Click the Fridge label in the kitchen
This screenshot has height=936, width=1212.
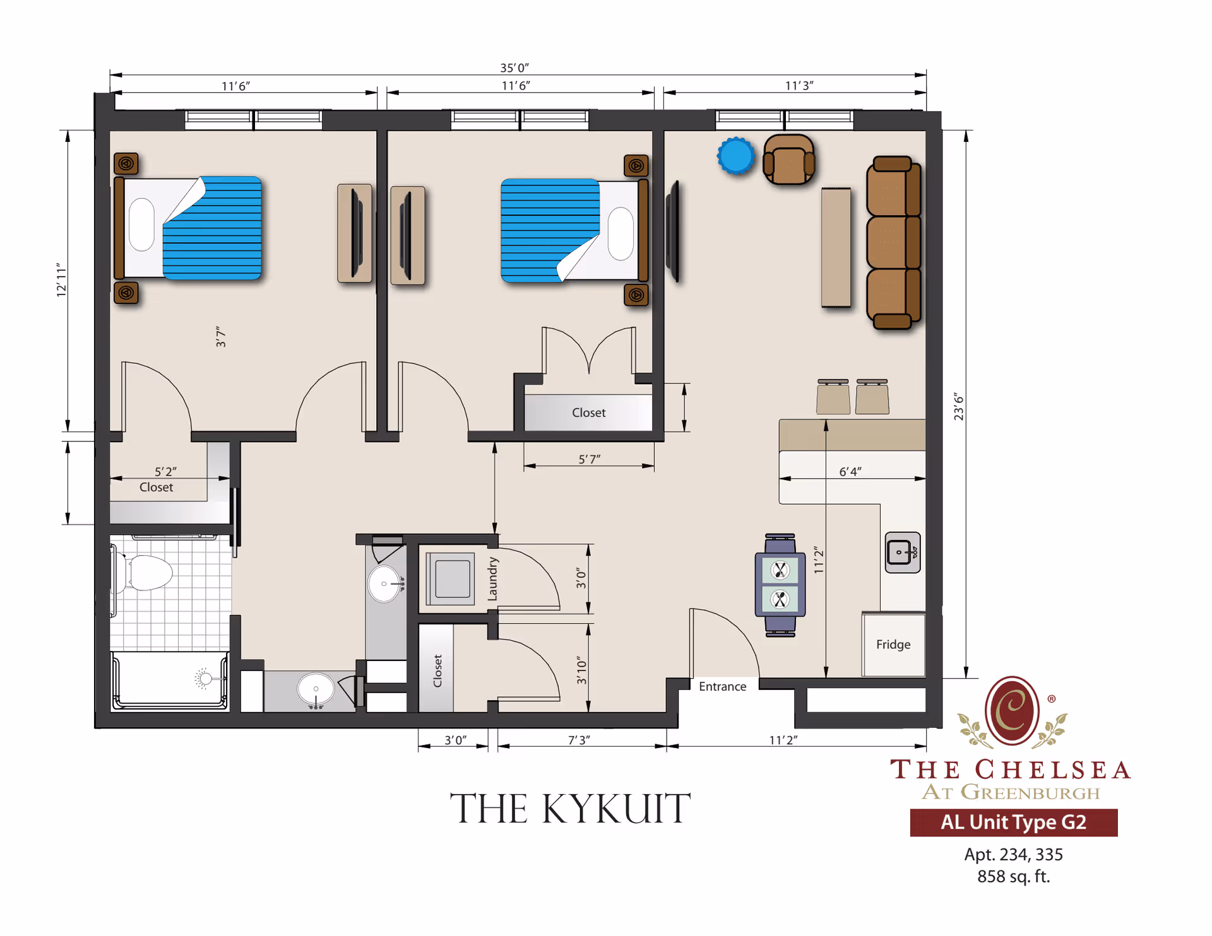(x=893, y=644)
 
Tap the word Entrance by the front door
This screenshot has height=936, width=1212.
(x=722, y=686)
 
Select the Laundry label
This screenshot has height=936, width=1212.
(x=493, y=578)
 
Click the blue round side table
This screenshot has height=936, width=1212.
(x=736, y=155)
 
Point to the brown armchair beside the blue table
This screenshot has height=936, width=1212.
(x=788, y=160)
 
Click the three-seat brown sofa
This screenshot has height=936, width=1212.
(x=893, y=243)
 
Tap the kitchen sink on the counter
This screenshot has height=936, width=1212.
(x=903, y=553)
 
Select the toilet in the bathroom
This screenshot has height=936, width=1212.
(x=143, y=572)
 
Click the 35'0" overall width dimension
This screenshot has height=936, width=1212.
(x=514, y=67)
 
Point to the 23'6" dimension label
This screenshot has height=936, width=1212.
(x=959, y=406)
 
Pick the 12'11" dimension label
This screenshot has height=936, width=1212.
(x=61, y=280)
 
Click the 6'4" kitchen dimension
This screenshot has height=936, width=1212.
(x=850, y=471)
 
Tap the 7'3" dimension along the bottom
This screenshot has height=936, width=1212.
(x=579, y=739)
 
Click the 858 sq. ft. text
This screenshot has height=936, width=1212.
(x=1013, y=876)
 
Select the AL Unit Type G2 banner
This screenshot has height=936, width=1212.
(x=1013, y=822)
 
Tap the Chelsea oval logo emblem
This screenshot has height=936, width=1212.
(x=1013, y=710)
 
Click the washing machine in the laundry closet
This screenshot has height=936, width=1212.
(x=450, y=578)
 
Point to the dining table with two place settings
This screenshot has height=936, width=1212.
(x=780, y=585)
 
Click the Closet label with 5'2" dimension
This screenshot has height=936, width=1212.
(x=156, y=487)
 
